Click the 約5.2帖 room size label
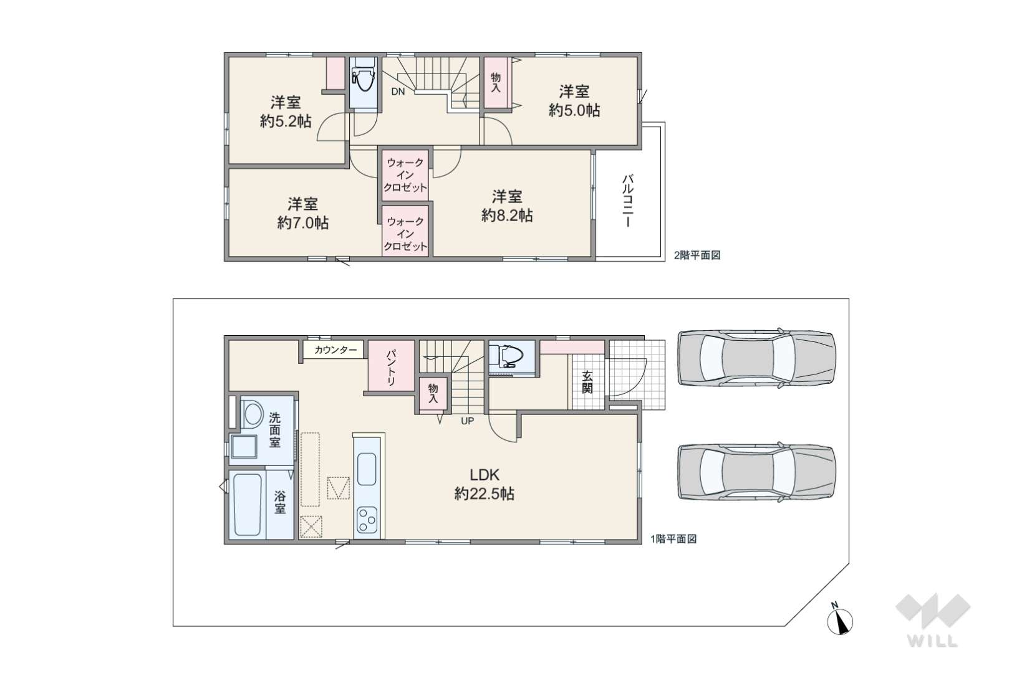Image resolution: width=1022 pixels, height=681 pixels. coord(286,121)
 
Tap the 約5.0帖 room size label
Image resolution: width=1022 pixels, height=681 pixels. coord(574,110)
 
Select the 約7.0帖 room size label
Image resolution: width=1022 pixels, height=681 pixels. coord(303,222)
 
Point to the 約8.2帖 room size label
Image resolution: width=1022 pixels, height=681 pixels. coord(507,215)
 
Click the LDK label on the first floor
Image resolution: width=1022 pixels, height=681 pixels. coord(484,475)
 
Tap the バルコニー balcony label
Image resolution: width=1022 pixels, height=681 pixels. coord(628,201)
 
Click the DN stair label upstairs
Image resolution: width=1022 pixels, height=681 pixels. coord(398,92)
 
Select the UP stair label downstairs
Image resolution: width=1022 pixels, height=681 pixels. coord(467,421)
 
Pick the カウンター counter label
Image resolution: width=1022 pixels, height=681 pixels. coord(336,350)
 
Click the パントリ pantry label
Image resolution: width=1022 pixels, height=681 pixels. coord(391,368)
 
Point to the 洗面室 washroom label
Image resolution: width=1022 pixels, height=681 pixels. coord(274,430)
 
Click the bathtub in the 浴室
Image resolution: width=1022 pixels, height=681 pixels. coord(248,505)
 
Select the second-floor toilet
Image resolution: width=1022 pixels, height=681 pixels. coord(364,79)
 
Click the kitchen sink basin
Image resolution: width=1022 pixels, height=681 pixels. coord(367,469)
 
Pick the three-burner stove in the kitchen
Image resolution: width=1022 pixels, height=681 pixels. coord(367,520)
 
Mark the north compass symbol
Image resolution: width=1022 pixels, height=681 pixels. coord(840,620)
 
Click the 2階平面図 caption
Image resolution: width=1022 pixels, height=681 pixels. coord(697,255)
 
